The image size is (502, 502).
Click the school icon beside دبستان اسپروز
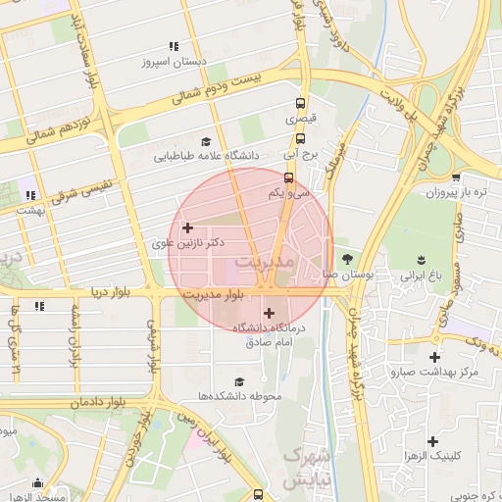point(174,46)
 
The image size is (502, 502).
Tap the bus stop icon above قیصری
point(300,102)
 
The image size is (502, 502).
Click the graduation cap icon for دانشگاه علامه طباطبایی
point(205,141)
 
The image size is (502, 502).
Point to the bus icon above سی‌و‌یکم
point(288,178)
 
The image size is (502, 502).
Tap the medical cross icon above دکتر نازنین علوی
point(188,227)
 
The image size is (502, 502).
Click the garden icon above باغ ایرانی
point(420,260)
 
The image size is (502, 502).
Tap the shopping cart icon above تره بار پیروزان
point(456,177)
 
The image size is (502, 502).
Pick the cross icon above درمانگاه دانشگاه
point(269,313)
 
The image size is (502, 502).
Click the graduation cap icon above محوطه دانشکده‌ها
point(239,381)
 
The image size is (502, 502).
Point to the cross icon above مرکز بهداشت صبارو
point(433,358)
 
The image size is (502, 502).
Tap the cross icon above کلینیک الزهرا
point(433,442)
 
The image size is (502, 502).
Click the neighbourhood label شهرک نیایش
point(304,468)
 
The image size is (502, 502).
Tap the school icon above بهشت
point(31,195)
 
